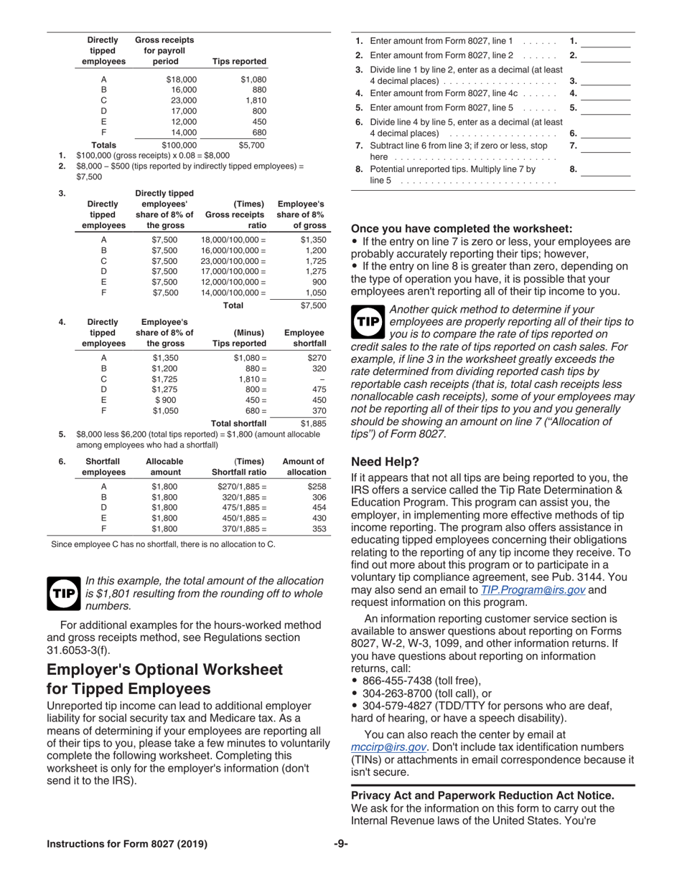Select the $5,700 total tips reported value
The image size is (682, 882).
[251, 145]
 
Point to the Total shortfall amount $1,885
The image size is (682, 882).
[313, 424]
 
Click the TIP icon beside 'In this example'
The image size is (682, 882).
[63, 594]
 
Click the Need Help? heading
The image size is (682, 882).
[385, 461]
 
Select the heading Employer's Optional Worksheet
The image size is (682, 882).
[165, 669]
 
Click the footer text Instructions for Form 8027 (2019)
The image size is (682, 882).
[127, 844]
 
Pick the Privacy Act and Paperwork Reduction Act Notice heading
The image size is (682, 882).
[482, 795]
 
